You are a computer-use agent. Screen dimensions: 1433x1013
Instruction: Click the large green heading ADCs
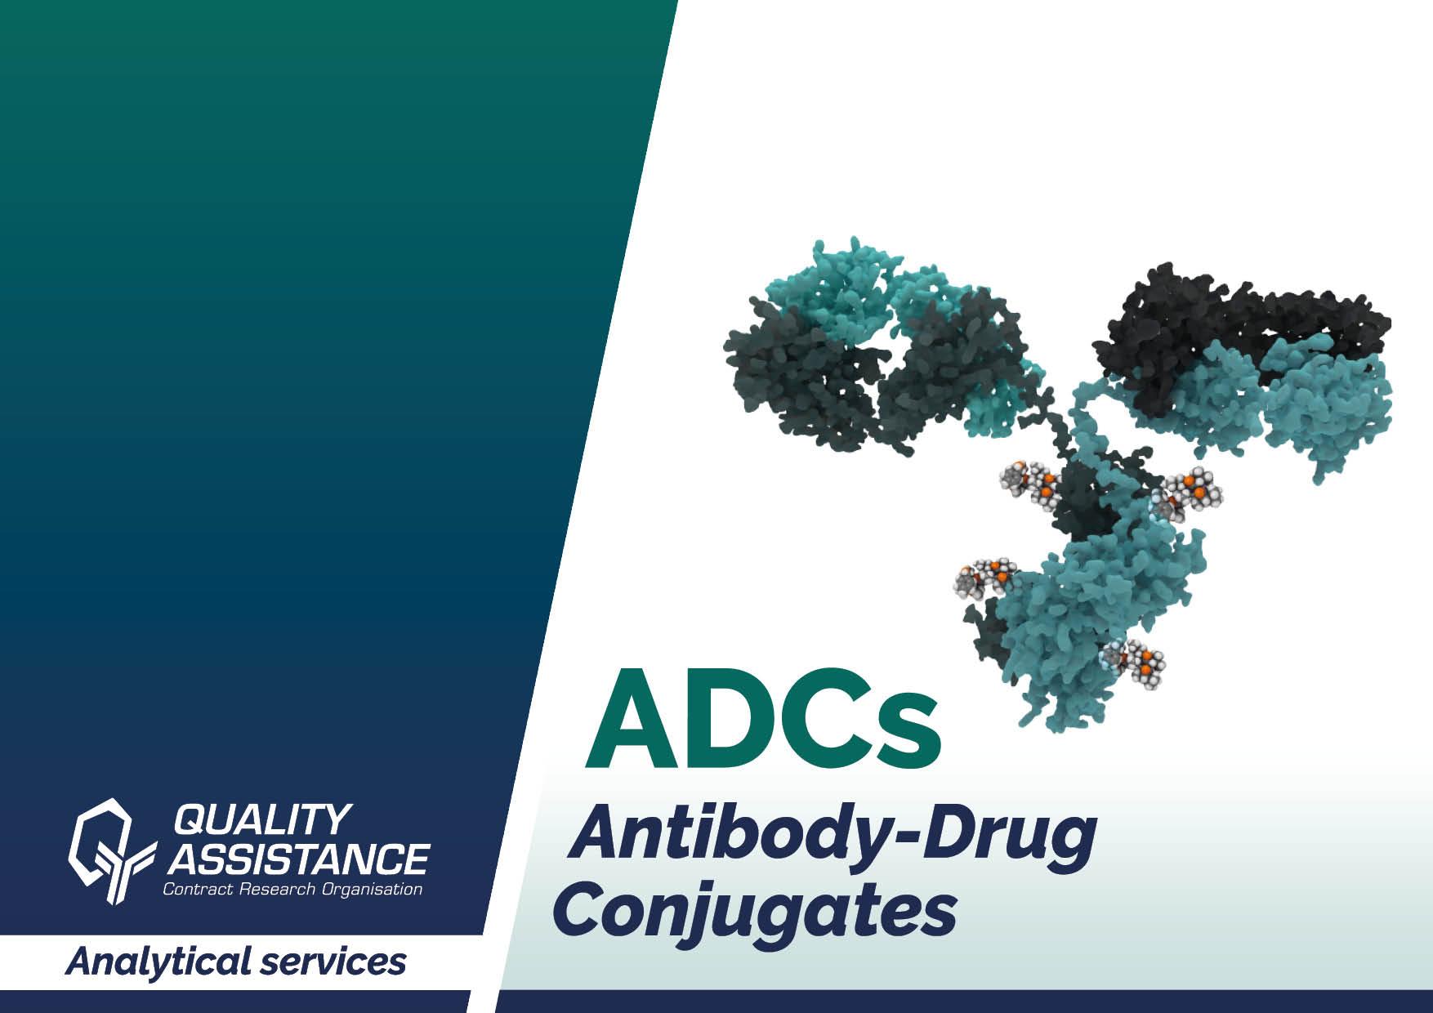point(762,716)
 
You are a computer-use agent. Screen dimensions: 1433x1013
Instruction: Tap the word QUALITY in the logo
point(263,819)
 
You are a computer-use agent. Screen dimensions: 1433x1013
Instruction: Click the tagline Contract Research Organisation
point(292,889)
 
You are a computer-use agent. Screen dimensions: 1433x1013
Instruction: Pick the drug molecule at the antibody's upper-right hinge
point(1189,493)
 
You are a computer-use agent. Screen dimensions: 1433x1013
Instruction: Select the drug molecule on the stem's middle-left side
point(985,578)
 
